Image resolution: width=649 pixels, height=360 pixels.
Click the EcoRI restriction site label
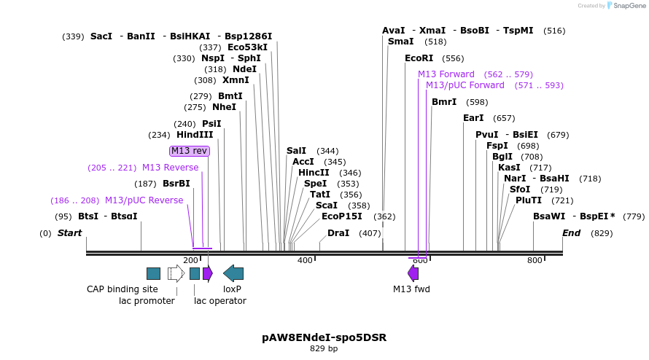419,58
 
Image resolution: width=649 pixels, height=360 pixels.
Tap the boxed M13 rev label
190,151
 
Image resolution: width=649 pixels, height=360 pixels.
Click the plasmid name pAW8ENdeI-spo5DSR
324,337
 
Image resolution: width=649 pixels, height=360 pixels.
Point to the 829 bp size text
324,349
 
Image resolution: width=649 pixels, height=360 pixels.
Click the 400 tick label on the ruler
305,260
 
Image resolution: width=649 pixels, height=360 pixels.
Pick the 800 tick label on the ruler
535,260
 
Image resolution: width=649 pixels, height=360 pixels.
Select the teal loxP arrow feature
233,273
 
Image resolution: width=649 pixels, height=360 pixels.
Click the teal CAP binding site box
153,273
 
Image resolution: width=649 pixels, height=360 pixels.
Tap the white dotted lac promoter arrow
176,273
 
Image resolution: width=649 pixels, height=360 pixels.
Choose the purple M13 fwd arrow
413,273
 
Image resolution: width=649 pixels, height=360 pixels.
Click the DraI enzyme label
338,233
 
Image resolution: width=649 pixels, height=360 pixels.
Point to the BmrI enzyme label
444,102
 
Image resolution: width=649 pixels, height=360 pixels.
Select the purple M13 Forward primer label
446,74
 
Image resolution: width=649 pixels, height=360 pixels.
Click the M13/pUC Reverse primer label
144,200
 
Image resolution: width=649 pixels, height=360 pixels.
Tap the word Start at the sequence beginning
70,233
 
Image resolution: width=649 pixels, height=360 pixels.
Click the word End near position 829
572,233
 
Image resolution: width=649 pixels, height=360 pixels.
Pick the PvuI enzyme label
487,135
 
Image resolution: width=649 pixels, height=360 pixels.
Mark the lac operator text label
220,301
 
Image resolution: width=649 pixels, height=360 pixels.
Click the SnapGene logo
628,5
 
